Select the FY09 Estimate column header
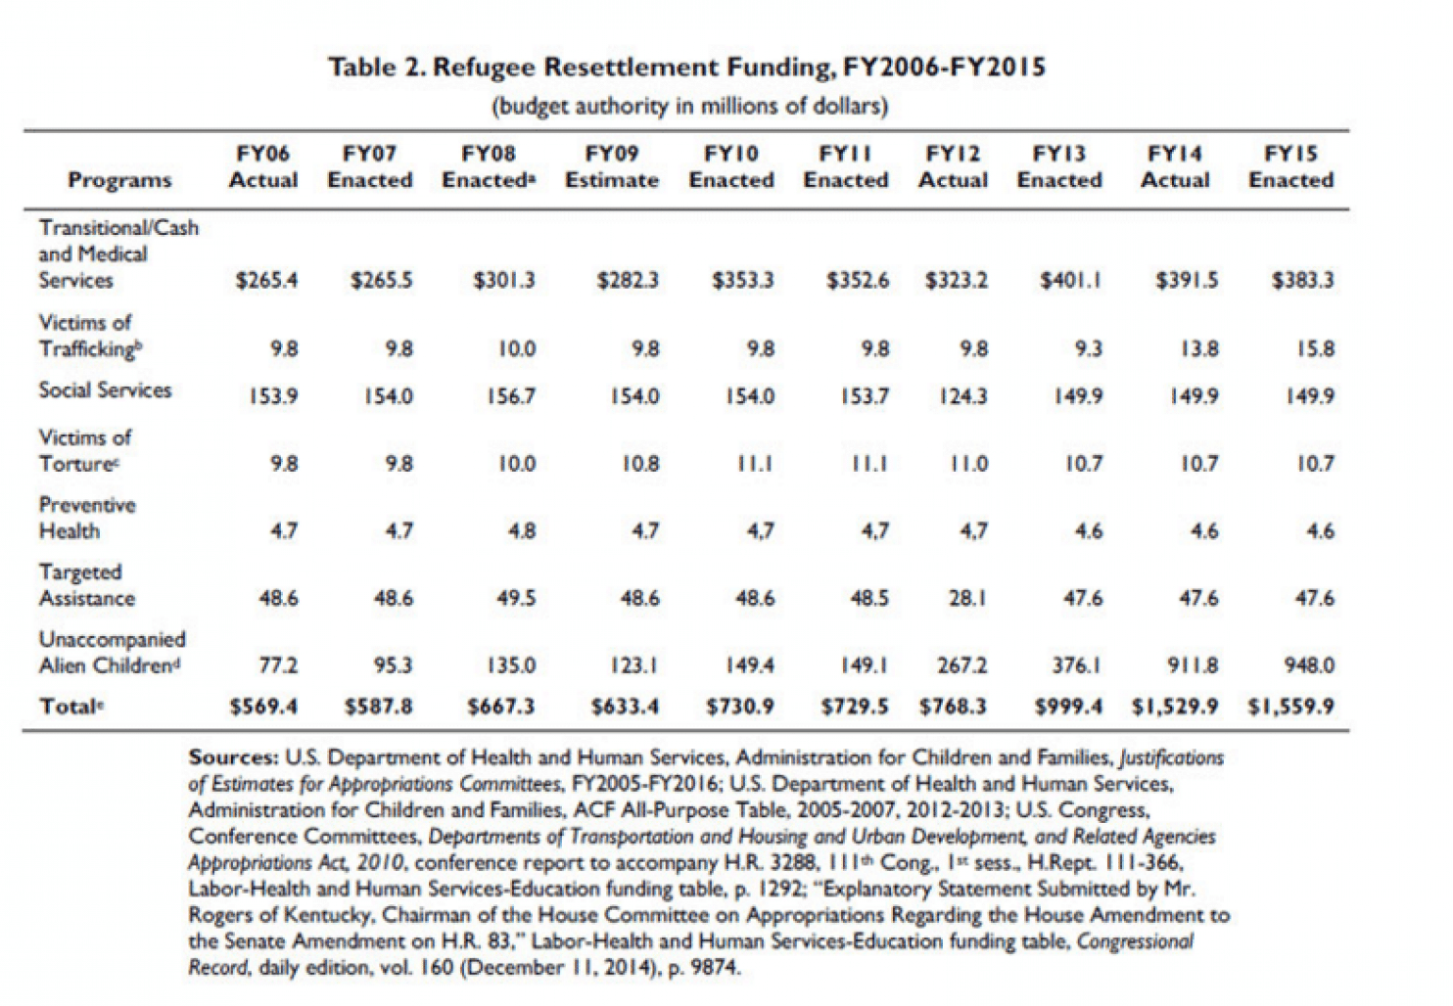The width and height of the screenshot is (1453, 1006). tap(612, 166)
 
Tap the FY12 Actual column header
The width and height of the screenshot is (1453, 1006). tap(953, 166)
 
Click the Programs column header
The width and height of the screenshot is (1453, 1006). tap(120, 179)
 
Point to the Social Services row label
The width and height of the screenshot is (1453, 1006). tap(105, 390)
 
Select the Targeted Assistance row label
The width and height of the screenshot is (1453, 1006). tap(87, 584)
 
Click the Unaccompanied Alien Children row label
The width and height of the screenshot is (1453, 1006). tap(113, 652)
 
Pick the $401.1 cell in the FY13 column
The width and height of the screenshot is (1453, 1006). tap(1070, 280)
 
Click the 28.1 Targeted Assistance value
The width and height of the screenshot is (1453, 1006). tap(967, 598)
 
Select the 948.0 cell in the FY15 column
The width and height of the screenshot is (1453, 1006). tap(1310, 665)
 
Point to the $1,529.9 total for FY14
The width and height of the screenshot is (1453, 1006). tap(1175, 706)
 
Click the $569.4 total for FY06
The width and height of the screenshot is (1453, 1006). tap(264, 706)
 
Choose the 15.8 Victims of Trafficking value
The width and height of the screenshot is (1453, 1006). tap(1316, 348)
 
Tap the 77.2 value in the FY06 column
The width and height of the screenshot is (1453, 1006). tap(279, 665)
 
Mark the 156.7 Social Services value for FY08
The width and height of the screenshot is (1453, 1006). tap(511, 395)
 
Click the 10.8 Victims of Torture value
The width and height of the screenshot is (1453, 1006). tap(641, 464)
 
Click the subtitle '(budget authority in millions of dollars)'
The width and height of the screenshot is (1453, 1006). tap(689, 106)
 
